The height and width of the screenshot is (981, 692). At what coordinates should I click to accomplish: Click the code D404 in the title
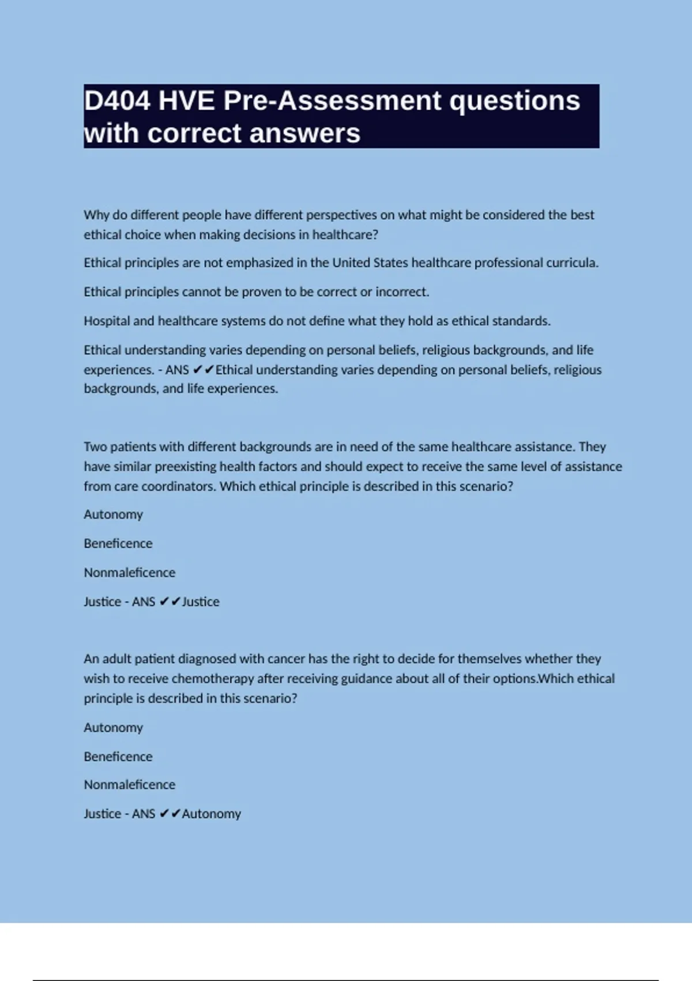(x=117, y=101)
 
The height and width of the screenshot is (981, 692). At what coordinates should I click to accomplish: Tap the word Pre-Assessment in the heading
(x=332, y=101)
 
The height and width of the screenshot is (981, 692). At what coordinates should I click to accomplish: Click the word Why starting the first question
(x=96, y=215)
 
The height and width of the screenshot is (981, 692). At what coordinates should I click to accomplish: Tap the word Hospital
(x=107, y=321)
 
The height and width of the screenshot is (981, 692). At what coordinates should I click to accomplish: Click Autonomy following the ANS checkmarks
(x=211, y=814)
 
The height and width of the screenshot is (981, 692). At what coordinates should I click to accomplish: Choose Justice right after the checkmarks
(x=201, y=602)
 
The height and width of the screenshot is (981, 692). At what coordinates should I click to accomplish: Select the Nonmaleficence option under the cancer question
(x=129, y=785)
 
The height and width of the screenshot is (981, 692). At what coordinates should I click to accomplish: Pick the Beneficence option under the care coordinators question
(x=118, y=544)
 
